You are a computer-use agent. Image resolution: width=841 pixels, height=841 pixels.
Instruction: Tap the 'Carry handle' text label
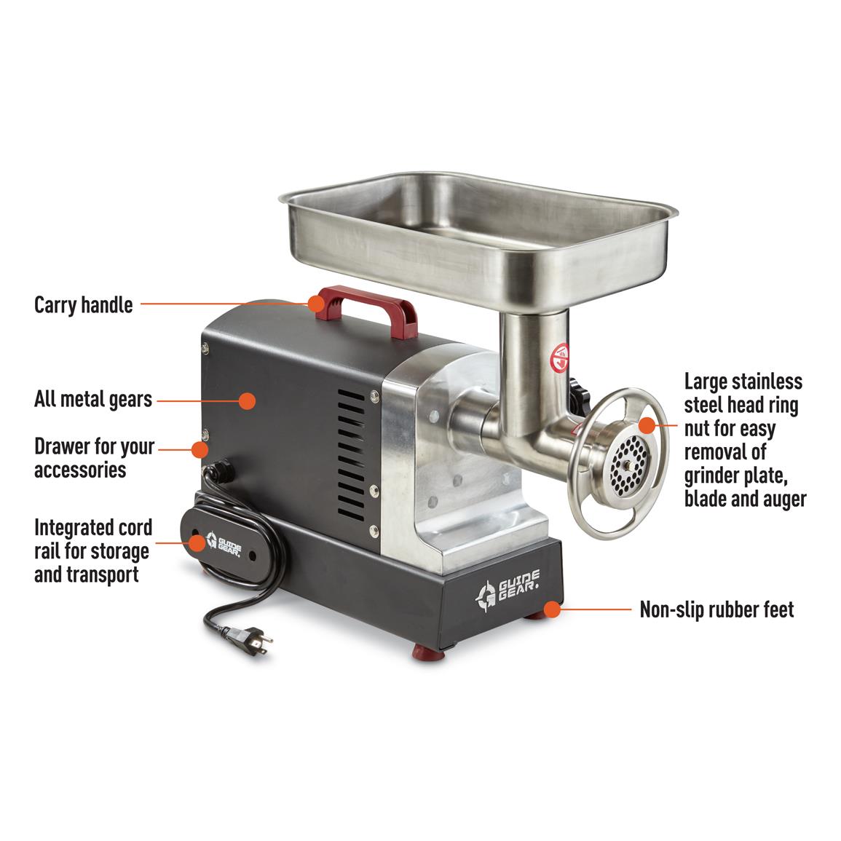83,304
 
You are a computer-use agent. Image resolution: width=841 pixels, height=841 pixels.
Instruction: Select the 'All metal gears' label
92,400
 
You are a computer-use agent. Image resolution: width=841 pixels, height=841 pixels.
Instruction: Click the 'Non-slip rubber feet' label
716,609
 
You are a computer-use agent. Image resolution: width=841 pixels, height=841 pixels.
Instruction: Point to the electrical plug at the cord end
251,641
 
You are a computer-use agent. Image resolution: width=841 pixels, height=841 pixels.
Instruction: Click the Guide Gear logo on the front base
508,589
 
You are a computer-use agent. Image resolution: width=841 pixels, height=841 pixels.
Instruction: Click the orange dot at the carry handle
317,304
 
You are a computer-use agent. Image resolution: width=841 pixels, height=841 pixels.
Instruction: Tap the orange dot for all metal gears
247,400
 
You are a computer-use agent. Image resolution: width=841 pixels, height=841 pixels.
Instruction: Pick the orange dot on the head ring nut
647,425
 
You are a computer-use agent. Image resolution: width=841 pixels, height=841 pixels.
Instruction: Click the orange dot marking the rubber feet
552,609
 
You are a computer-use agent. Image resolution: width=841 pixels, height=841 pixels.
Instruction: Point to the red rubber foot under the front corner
428,652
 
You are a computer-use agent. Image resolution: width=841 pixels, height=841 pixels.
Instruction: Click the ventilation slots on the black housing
351,456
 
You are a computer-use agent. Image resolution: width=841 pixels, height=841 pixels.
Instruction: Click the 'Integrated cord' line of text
93,527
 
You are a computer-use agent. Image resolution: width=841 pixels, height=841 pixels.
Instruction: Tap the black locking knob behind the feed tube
580,397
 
